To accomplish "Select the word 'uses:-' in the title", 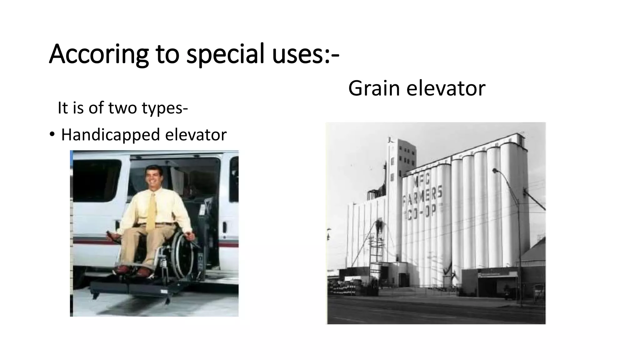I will point(305,54).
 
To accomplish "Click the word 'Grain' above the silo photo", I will point(374,88).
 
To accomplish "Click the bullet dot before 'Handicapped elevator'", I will point(52,135).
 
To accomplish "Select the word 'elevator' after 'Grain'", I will point(446,88).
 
